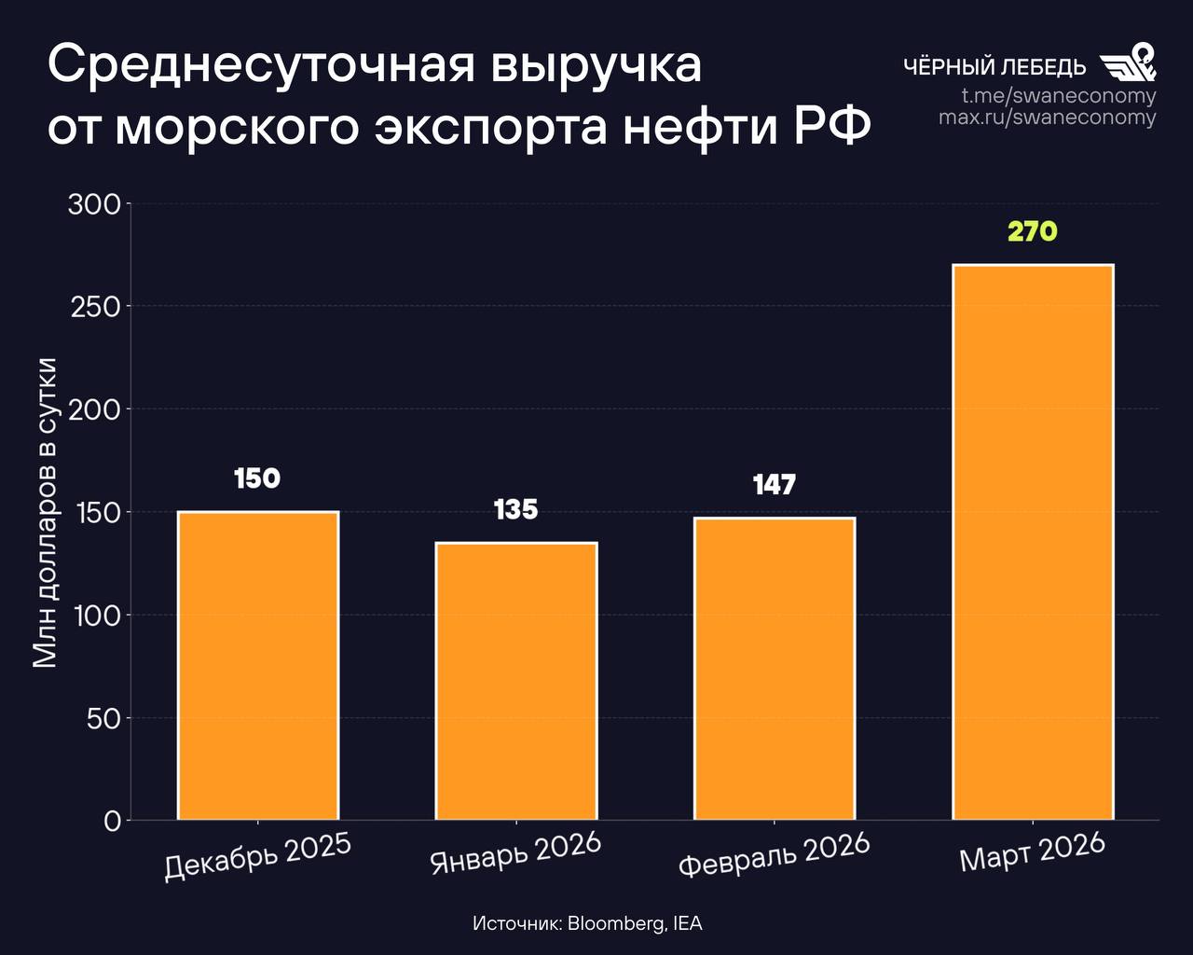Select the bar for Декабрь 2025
[x=258, y=666]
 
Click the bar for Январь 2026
[x=516, y=681]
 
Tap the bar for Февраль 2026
[x=775, y=669]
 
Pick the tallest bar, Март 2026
[x=1033, y=542]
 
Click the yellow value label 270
[x=1033, y=231]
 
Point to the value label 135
[x=516, y=509]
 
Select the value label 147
[x=775, y=485]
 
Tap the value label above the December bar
[x=257, y=478]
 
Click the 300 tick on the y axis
[x=95, y=204]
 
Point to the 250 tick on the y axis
[x=95, y=307]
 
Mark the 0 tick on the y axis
[x=113, y=821]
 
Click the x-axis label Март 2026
[x=1033, y=851]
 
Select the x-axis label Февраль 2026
[x=775, y=855]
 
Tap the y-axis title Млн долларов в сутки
[x=46, y=512]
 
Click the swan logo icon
[x=1128, y=63]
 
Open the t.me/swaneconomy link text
[x=1059, y=96]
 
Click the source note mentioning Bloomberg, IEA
[x=587, y=923]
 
